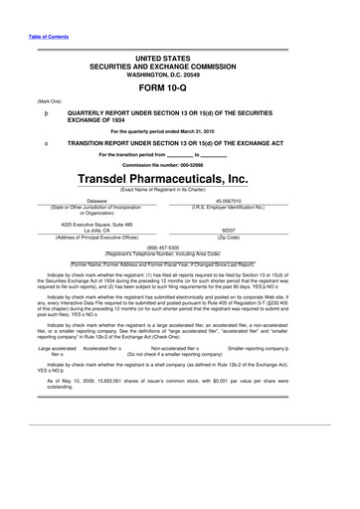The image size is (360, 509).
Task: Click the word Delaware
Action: click(x=97, y=200)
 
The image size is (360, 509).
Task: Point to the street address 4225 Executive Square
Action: click(x=96, y=222)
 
